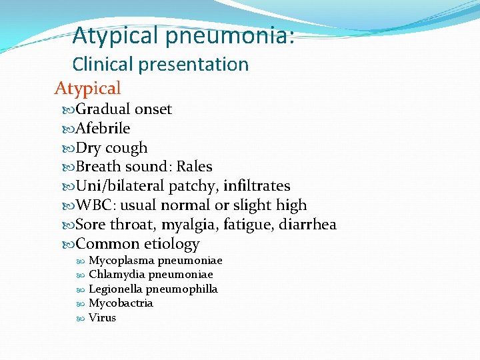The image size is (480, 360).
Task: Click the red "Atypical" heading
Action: pyautogui.click(x=87, y=88)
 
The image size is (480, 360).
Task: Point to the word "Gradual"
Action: pyautogui.click(x=103, y=109)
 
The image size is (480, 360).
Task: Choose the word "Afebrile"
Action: pyautogui.click(x=103, y=128)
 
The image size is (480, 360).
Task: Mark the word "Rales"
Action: pyautogui.click(x=194, y=166)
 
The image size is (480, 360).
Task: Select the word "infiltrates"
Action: pyautogui.click(x=257, y=186)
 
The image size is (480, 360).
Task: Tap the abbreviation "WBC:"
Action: pyautogui.click(x=97, y=205)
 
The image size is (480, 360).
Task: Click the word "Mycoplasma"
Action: pyautogui.click(x=117, y=261)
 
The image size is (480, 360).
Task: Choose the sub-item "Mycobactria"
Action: pyautogui.click(x=121, y=303)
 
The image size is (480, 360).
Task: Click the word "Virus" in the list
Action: pyautogui.click(x=102, y=317)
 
